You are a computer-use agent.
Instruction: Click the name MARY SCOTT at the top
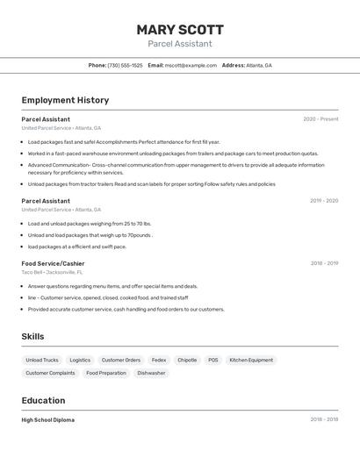click(x=180, y=30)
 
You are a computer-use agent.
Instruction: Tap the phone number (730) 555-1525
click(x=125, y=66)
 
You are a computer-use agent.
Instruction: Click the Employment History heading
click(x=65, y=100)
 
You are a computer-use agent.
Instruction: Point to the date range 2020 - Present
click(x=320, y=119)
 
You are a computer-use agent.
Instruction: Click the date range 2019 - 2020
click(x=323, y=201)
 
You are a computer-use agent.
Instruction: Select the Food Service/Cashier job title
click(x=53, y=263)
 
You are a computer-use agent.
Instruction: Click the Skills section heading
click(x=32, y=337)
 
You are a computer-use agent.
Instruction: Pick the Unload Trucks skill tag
click(x=42, y=360)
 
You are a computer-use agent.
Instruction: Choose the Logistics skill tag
click(x=80, y=360)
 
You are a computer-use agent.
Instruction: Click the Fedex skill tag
click(x=159, y=360)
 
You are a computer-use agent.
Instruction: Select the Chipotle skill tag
click(x=187, y=360)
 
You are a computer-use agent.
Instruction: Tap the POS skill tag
click(x=213, y=360)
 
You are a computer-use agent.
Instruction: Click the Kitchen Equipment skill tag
click(x=251, y=360)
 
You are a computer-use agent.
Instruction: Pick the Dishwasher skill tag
click(x=151, y=373)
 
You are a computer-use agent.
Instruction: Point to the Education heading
click(x=44, y=401)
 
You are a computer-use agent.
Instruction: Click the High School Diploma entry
click(x=47, y=420)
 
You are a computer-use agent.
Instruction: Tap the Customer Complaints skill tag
click(x=50, y=373)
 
